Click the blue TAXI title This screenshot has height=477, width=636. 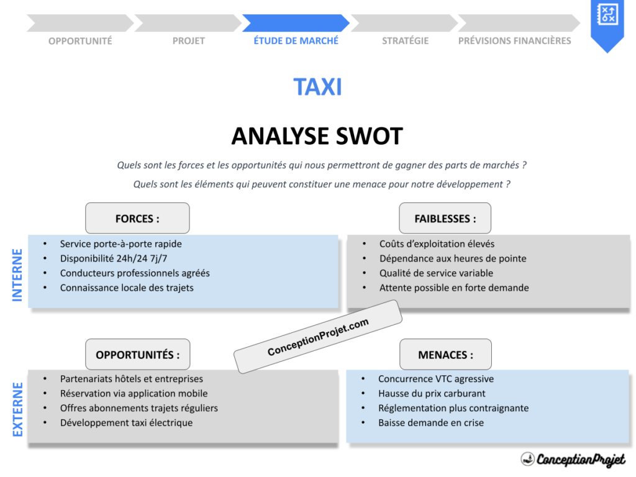317,87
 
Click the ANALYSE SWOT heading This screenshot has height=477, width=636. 317,136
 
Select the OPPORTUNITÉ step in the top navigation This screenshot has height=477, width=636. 80,41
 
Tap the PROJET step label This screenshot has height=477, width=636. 189,41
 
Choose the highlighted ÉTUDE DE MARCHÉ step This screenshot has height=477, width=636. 296,41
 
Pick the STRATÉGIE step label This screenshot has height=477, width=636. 405,41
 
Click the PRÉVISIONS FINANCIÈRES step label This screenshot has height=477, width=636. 514,41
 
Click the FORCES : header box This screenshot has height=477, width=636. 137,219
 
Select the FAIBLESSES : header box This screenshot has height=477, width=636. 445,219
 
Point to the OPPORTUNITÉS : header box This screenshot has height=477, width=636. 138,355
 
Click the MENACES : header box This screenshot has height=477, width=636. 445,355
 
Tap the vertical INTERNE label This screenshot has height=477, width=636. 17,275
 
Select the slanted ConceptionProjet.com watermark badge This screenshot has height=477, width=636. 318,337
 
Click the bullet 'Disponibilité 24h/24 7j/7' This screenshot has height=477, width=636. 113,258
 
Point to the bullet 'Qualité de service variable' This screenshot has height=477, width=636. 436,273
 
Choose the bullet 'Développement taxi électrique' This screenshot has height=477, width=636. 126,423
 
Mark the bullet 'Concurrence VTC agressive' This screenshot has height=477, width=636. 436,379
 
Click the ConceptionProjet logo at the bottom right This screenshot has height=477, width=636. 573,460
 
